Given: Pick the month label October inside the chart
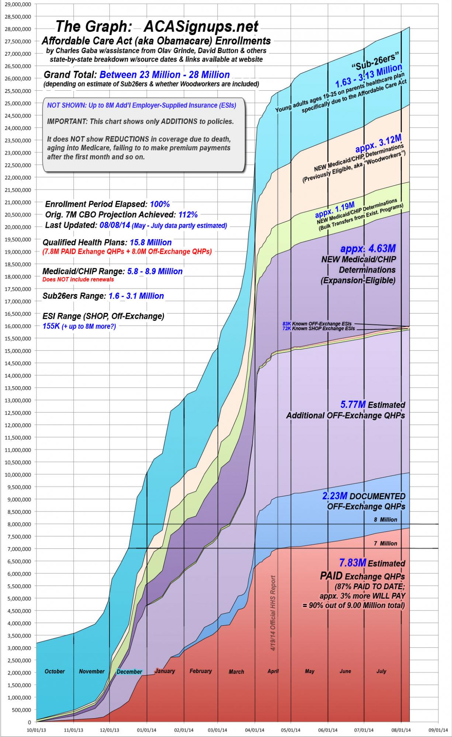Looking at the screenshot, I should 55,671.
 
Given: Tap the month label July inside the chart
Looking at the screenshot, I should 381,671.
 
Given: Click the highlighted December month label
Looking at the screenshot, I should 129,671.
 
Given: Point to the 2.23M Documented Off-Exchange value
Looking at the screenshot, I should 335,496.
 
